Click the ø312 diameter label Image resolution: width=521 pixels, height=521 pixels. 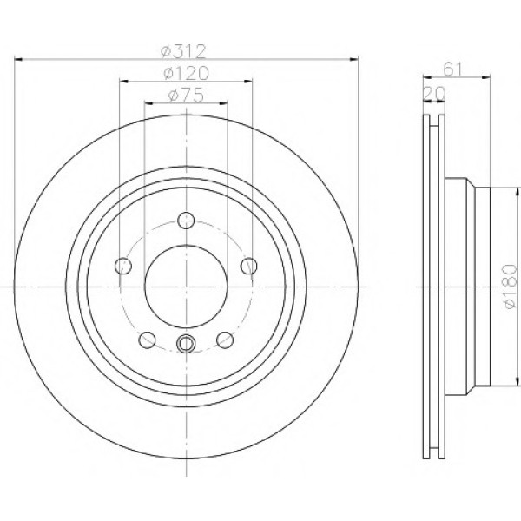(183, 51)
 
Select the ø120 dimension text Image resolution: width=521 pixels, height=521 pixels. (187, 74)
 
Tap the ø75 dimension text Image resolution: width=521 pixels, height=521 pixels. (186, 96)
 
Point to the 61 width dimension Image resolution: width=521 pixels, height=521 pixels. (453, 69)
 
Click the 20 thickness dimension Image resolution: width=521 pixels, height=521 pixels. (434, 94)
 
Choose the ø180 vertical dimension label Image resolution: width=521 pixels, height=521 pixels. (510, 287)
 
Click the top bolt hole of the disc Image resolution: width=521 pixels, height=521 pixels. (186, 220)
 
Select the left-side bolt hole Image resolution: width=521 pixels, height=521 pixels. (123, 266)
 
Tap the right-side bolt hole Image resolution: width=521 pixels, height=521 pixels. (249, 266)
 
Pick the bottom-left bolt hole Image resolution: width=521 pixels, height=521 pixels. (148, 340)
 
